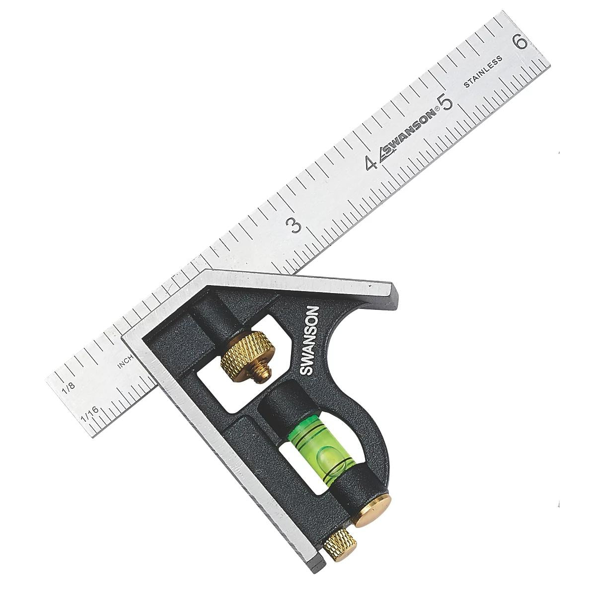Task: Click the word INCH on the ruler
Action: (125, 362)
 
